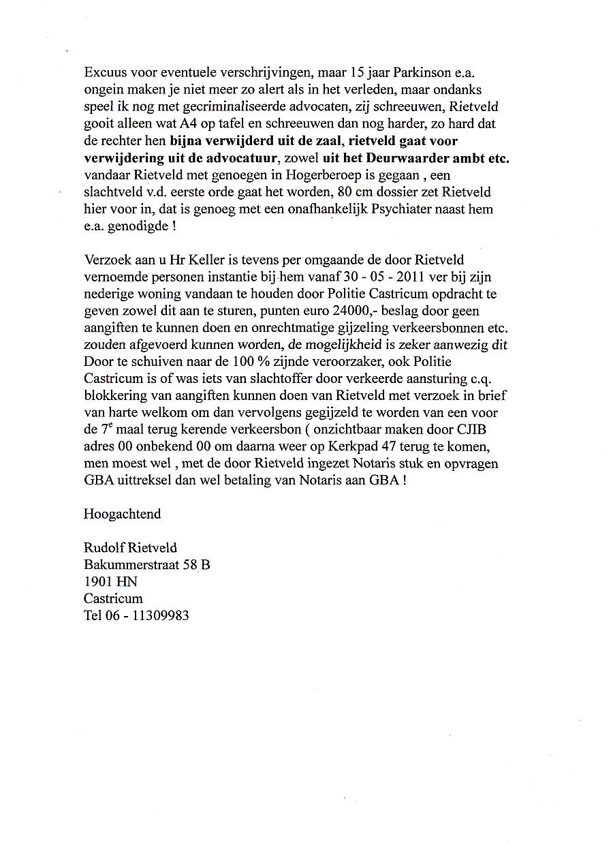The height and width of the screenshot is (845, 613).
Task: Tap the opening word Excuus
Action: tap(106, 72)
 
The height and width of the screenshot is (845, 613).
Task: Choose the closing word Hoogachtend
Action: tap(123, 514)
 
